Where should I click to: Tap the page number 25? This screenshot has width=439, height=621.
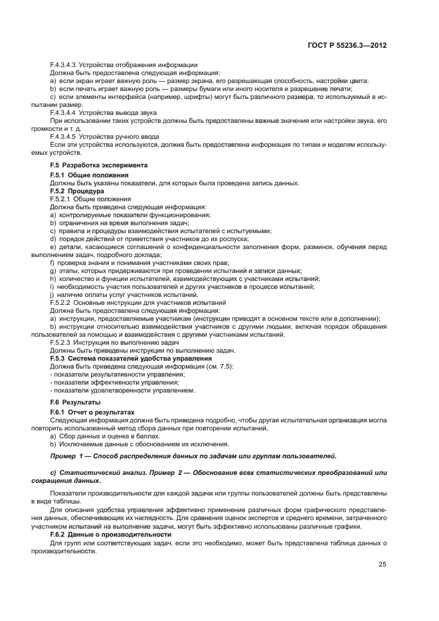point(383,565)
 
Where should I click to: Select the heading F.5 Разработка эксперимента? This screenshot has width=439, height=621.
point(99,165)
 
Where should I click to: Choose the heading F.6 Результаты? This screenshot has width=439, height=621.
point(75,403)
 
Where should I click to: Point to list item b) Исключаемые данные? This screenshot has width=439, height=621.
point(124,444)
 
